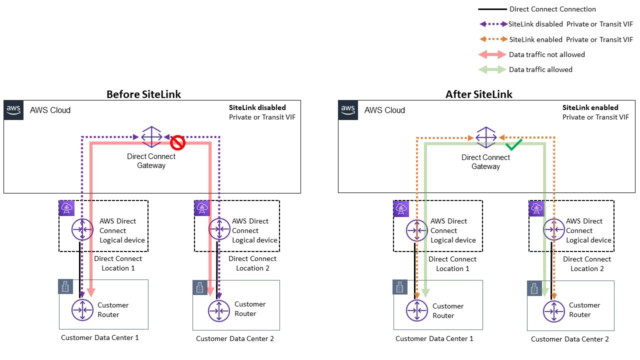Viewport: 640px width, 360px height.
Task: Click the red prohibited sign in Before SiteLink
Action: (x=177, y=143)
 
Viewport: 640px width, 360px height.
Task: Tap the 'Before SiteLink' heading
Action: (x=143, y=94)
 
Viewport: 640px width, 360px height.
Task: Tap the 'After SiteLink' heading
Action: (x=478, y=94)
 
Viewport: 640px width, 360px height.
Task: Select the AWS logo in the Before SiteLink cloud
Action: (x=13, y=110)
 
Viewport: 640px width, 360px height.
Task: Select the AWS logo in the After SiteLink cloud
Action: (x=348, y=110)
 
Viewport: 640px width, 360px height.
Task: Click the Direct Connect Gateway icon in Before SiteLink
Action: (x=151, y=136)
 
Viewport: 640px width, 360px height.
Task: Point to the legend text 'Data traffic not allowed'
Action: (x=546, y=54)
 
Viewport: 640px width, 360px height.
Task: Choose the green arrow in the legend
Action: (x=492, y=70)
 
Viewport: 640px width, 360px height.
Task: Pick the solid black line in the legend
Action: (x=492, y=9)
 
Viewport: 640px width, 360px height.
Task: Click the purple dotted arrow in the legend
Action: (x=492, y=24)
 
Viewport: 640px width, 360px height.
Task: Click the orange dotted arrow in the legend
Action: (x=492, y=39)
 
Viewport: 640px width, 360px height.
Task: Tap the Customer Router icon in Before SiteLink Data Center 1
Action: (x=82, y=310)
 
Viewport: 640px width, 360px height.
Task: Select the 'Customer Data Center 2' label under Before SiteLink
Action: (x=234, y=338)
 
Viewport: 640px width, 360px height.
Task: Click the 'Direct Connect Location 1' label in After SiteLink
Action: (x=452, y=263)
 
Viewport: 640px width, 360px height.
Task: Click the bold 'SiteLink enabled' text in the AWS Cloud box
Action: (x=590, y=107)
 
